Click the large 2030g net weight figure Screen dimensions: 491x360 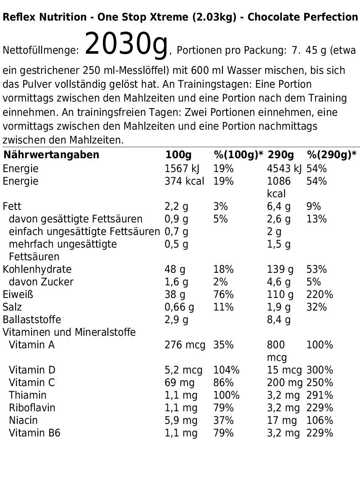[126, 44]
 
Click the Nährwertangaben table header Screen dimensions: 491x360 [51, 155]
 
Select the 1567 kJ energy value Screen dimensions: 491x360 [182, 169]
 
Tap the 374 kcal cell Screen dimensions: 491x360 [184, 181]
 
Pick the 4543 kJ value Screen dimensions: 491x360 [284, 169]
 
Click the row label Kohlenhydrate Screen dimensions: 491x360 [37, 269]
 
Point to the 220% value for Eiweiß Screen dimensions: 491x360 [319, 295]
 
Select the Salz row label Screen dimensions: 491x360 [12, 307]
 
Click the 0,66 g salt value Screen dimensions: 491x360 [179, 307]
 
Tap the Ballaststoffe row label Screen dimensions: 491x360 [32, 320]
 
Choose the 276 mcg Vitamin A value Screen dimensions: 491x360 [185, 345]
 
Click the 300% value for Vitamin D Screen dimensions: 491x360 [319, 370]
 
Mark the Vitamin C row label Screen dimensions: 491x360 [32, 383]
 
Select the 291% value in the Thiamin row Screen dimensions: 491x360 [319, 395]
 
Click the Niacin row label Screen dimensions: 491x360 [23, 420]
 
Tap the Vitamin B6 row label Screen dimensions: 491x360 [34, 433]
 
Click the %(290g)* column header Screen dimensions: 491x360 [331, 155]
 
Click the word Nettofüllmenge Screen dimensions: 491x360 [41, 51]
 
